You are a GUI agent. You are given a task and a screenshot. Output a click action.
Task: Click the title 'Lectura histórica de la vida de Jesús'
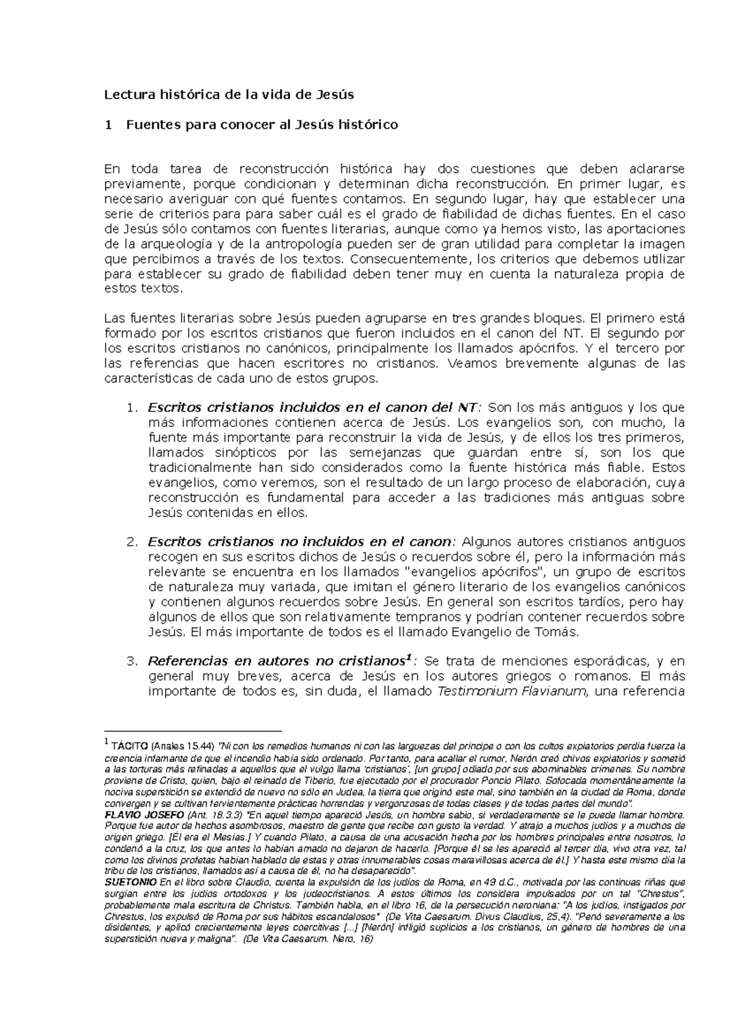[x=229, y=95]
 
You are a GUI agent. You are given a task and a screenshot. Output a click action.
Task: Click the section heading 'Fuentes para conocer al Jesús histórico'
[x=262, y=125]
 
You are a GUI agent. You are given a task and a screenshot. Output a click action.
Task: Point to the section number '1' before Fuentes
[x=108, y=125]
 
